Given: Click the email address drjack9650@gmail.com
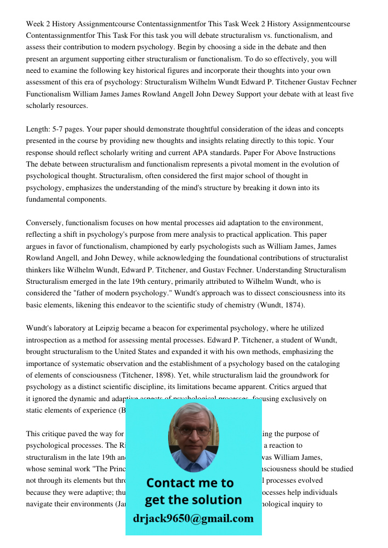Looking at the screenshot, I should point(193,518).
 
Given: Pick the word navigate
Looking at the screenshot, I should point(43,504).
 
